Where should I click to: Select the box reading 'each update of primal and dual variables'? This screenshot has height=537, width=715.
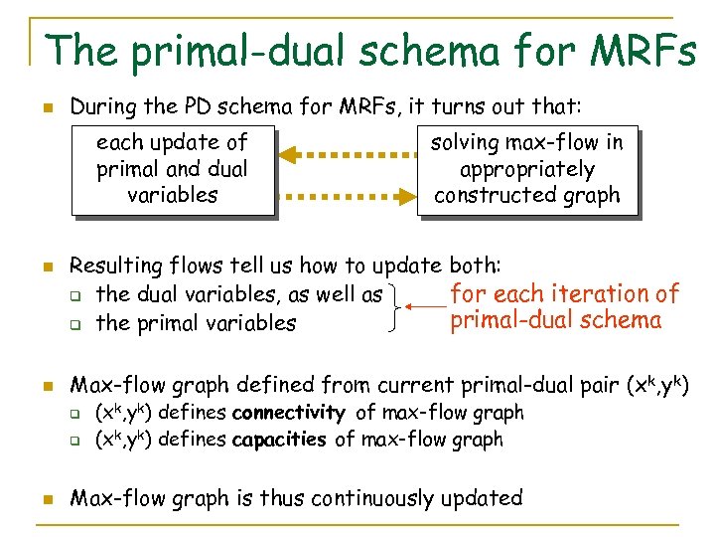[172, 169]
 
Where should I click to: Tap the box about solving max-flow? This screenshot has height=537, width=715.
[526, 169]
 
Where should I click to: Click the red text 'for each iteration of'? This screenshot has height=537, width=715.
[564, 293]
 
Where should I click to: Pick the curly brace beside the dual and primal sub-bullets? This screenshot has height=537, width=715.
[399, 307]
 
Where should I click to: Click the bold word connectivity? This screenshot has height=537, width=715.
[288, 413]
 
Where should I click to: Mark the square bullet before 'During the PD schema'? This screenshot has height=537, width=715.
[46, 105]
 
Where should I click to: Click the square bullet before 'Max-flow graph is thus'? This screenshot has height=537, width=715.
[46, 499]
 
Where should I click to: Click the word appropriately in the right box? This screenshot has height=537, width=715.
[527, 169]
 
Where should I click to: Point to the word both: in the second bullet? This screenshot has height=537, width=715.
[475, 266]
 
